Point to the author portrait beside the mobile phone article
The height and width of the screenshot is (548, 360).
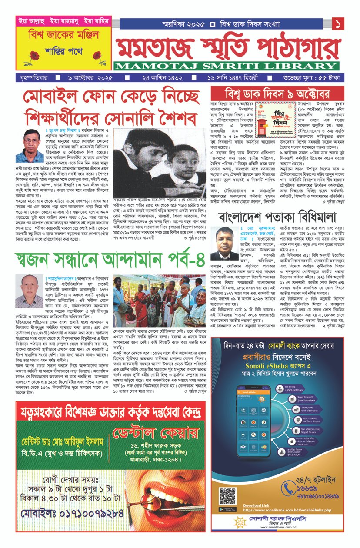(x=30, y=146)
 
